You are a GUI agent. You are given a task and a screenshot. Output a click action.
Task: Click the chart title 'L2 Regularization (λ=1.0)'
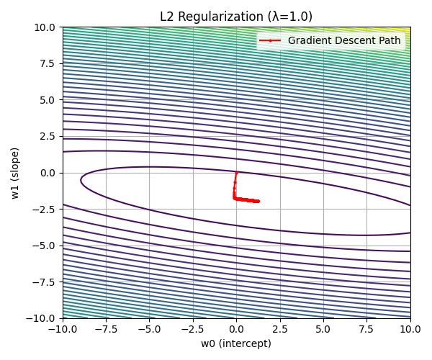(236, 17)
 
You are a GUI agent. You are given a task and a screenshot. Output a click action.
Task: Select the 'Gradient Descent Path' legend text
(343, 40)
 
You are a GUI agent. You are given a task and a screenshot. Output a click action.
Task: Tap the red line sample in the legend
(270, 40)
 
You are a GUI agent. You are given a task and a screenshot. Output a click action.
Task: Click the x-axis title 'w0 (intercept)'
(236, 343)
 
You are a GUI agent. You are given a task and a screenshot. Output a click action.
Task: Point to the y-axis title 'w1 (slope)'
(15, 173)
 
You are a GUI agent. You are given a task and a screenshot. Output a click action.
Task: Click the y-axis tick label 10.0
(46, 27)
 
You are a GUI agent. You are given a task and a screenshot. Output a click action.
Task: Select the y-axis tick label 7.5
(48, 63)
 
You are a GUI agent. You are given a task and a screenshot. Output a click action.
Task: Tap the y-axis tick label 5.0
(48, 100)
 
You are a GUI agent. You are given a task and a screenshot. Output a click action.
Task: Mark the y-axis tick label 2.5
(48, 136)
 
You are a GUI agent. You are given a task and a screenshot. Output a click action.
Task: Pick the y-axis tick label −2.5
(45, 209)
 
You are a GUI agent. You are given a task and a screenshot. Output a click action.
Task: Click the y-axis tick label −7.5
(45, 282)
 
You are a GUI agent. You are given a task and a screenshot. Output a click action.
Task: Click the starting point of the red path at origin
(236, 173)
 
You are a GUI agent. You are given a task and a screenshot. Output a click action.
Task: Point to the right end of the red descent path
(258, 201)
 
